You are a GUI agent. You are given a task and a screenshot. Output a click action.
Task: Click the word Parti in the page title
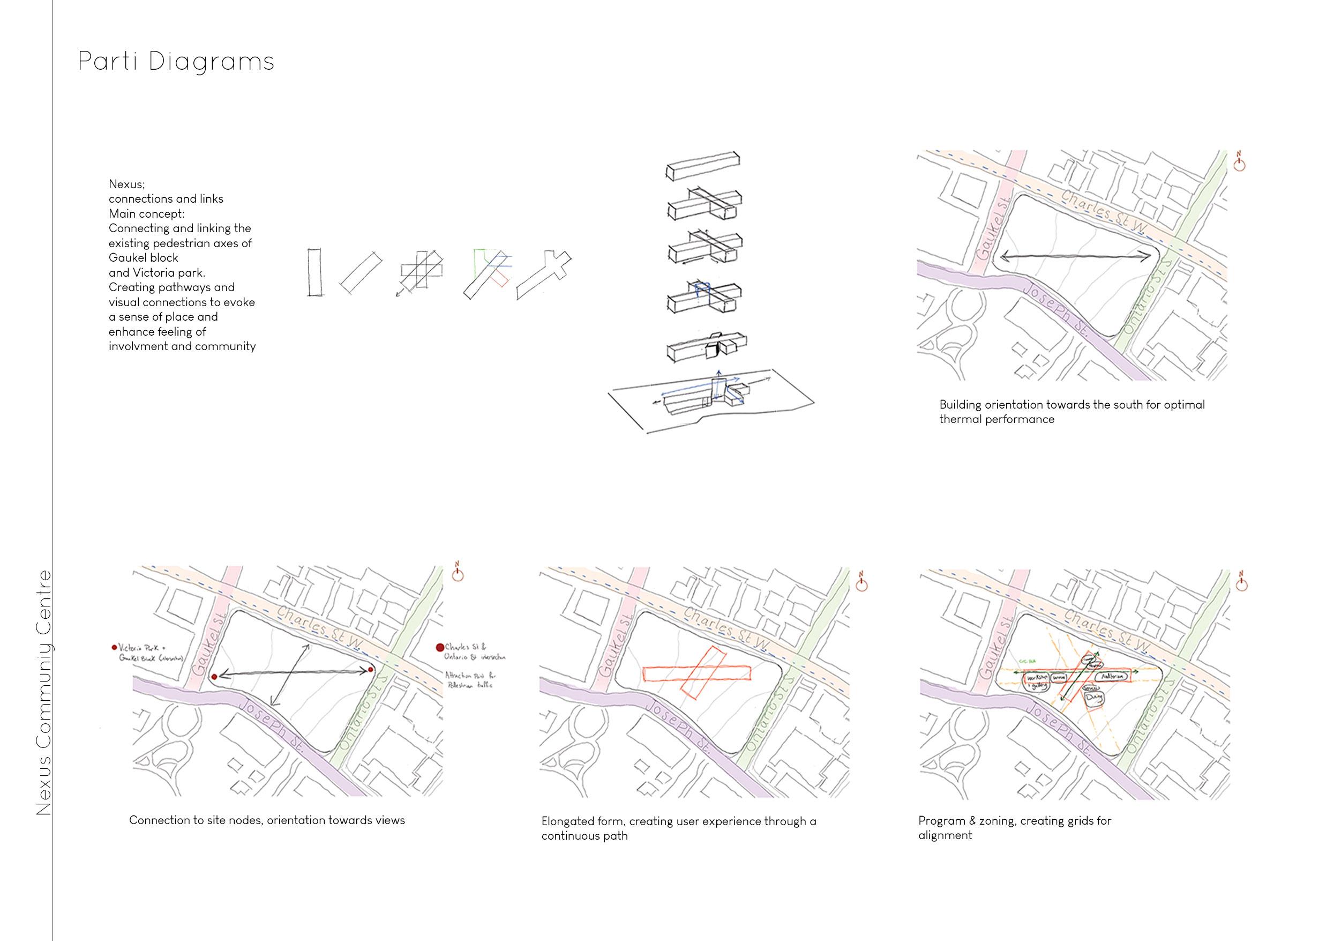(109, 62)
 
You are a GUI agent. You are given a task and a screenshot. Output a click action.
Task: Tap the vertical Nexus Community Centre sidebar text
(44, 693)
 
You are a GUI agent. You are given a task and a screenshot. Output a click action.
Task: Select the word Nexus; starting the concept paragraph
(127, 184)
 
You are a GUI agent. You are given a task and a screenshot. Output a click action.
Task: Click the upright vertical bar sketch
(314, 272)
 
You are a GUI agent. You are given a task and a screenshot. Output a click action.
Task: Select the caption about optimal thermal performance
(1071, 412)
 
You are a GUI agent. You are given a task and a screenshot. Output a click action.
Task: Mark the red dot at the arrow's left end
(214, 677)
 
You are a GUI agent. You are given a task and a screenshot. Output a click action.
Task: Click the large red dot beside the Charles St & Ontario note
(439, 647)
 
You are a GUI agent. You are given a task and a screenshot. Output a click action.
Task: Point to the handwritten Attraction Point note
(470, 680)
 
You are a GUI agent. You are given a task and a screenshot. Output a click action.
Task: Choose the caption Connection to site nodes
(267, 820)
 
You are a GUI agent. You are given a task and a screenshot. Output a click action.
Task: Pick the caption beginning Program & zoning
(1015, 827)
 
